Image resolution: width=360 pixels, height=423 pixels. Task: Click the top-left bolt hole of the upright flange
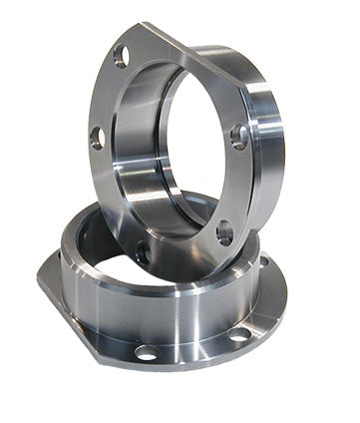(x=121, y=56)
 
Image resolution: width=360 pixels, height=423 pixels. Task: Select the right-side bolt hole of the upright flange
(x=239, y=135)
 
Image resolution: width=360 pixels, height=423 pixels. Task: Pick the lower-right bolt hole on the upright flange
(x=225, y=232)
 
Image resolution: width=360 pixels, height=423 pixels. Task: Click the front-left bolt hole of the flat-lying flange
(x=147, y=352)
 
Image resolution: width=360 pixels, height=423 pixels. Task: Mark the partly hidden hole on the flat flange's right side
(x=265, y=261)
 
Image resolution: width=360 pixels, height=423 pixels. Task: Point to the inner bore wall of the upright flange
(x=135, y=150)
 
